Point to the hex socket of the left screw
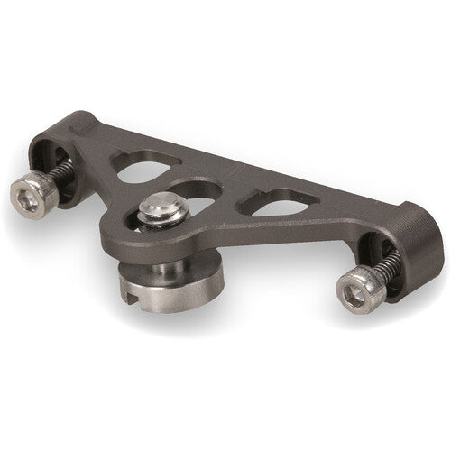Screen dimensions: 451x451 (29, 194)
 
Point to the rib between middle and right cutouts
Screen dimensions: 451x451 (236, 200)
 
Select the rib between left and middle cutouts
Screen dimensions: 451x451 (167, 176)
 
